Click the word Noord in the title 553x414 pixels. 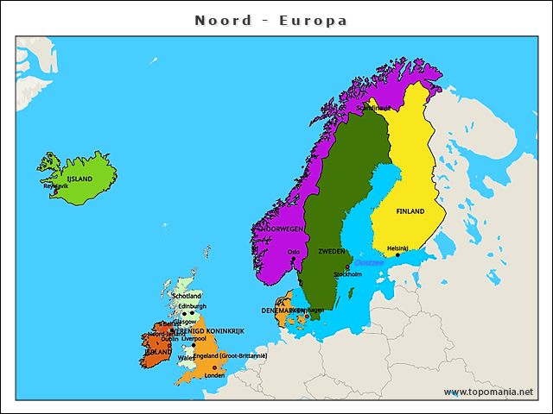(x=224, y=20)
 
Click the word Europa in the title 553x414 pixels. (x=314, y=20)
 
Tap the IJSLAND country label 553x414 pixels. (x=79, y=179)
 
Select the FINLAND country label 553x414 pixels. (x=410, y=211)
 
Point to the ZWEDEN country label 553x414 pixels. (x=333, y=252)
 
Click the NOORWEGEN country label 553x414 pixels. (x=283, y=229)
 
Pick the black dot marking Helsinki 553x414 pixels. (x=397, y=254)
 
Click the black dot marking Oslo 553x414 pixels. (x=293, y=259)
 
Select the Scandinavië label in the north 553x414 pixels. (x=374, y=109)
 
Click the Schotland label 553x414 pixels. (x=187, y=296)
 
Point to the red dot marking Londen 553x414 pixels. (x=214, y=368)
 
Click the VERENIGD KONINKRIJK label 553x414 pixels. (x=208, y=331)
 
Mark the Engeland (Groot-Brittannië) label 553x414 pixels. (x=231, y=356)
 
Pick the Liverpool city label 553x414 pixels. (x=194, y=339)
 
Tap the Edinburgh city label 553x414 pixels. (x=192, y=306)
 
